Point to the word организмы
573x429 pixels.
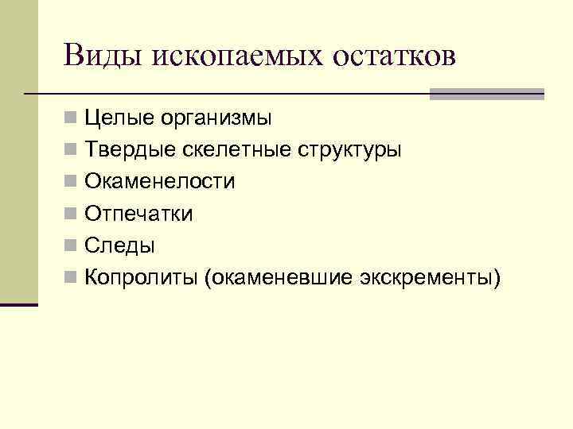(216, 119)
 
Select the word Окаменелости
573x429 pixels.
(160, 182)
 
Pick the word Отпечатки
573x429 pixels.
(139, 214)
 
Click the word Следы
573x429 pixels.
(120, 245)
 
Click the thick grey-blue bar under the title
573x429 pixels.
(486, 94)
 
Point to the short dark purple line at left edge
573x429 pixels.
(19, 304)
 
